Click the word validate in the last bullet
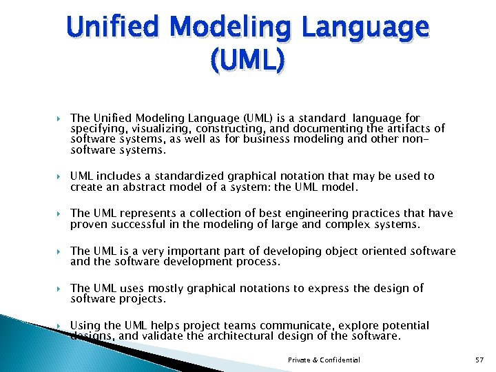170,335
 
